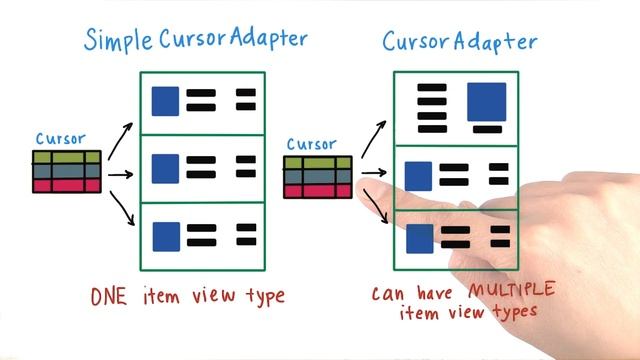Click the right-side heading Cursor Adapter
(459, 42)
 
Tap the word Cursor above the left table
(60, 139)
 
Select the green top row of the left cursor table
(67, 157)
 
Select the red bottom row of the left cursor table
(67, 185)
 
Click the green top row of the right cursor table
(318, 162)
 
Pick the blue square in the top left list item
(165, 100)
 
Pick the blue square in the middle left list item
(165, 167)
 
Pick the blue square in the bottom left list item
(165, 236)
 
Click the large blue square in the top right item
(486, 102)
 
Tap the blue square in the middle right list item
(417, 175)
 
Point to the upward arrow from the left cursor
(120, 142)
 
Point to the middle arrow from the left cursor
(120, 174)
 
